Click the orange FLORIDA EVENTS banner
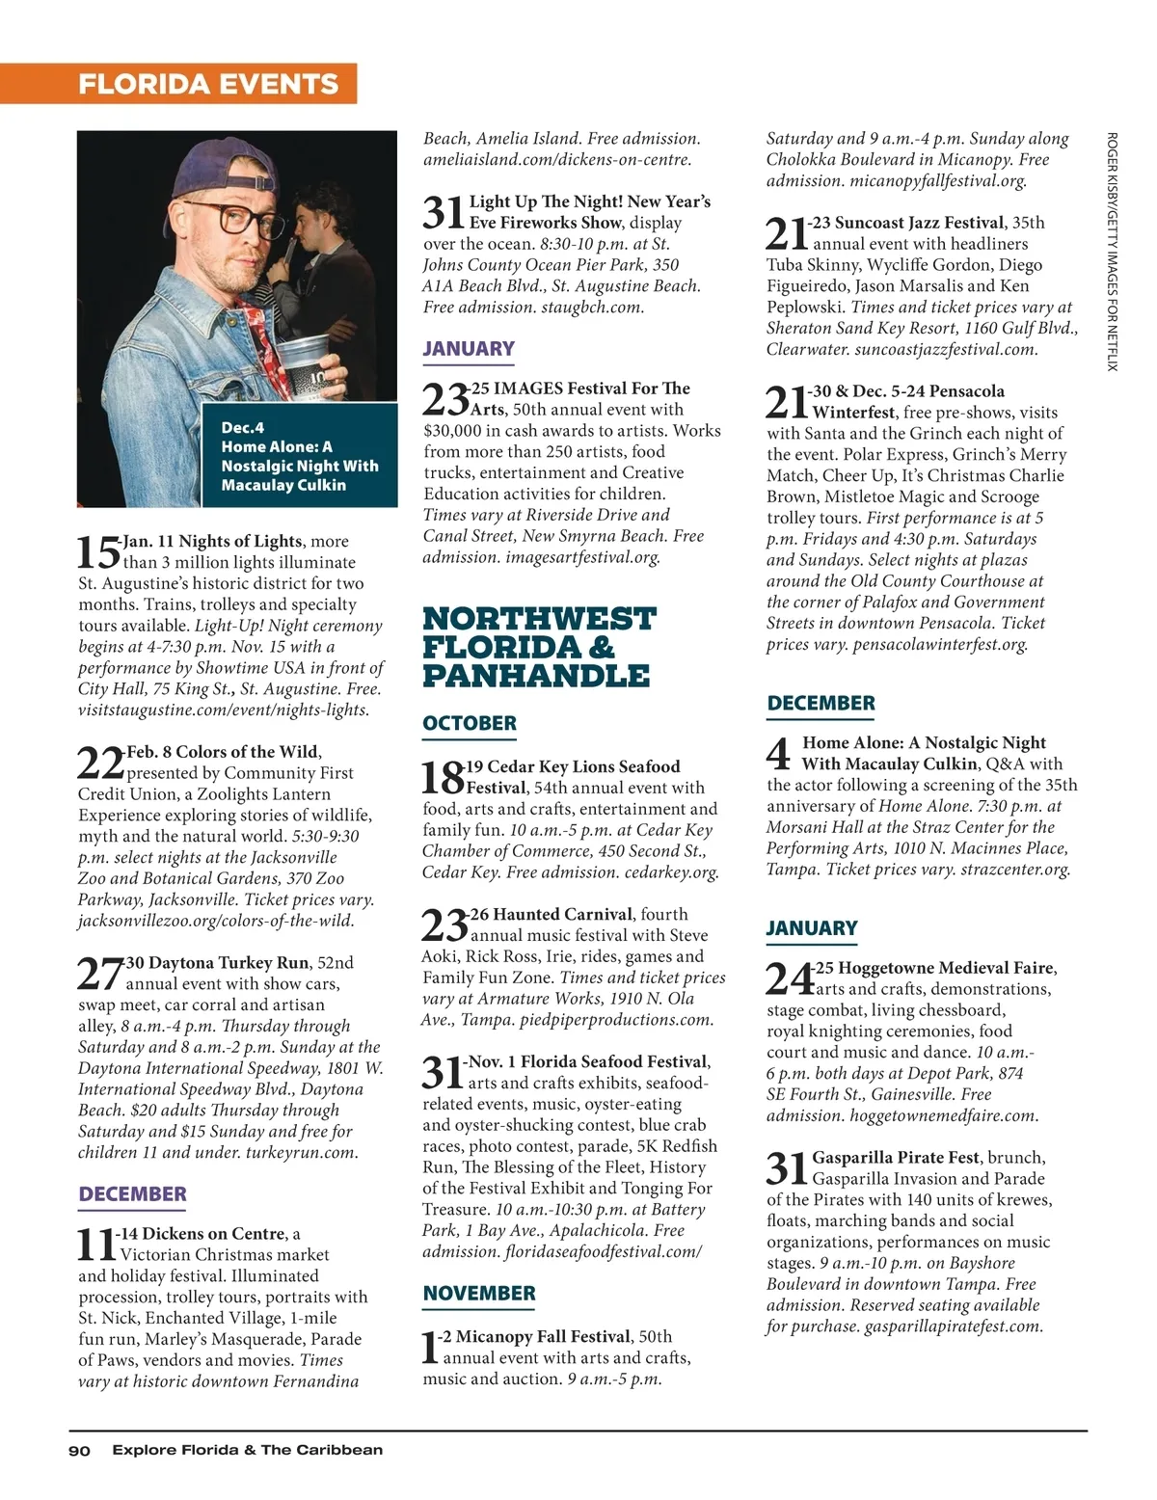[x=208, y=84]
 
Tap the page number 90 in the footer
[x=79, y=1450]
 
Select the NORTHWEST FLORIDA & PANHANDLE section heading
[x=538, y=646]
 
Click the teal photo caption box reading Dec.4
[x=299, y=456]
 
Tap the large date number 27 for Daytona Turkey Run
[x=99, y=974]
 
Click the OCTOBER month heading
[x=470, y=723]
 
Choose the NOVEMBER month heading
[x=478, y=1294]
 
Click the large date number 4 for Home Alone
[x=781, y=754]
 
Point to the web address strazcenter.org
[x=1015, y=870]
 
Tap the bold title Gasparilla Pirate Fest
[x=895, y=1157]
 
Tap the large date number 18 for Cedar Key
[x=443, y=777]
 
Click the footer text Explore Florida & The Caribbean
[x=247, y=1450]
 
